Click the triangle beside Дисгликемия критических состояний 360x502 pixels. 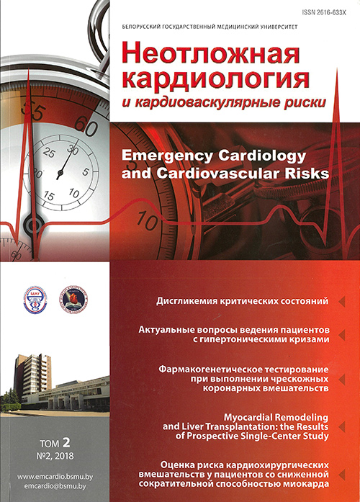click(341, 299)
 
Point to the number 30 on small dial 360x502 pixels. click(71, 148)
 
